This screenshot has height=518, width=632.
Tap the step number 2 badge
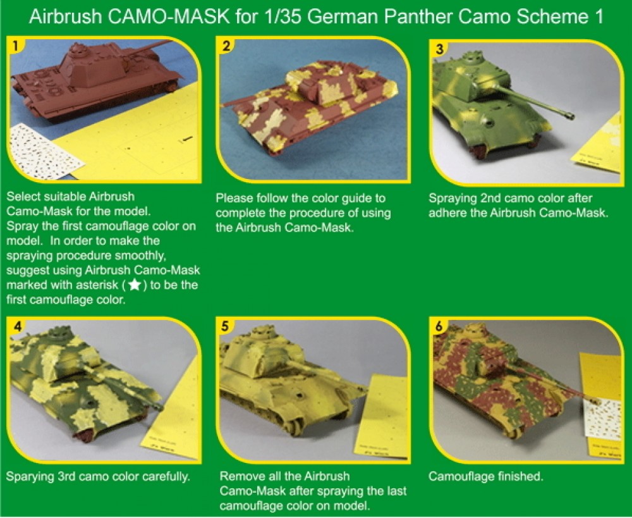click(x=224, y=46)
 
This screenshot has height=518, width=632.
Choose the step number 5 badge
click(x=226, y=327)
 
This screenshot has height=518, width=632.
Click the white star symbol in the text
click(x=135, y=285)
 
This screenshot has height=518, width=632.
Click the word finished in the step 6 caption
click(x=518, y=476)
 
